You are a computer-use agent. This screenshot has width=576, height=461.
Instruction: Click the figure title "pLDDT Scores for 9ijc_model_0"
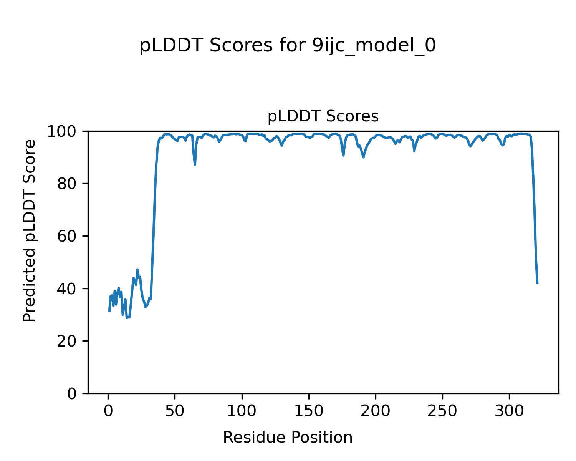point(287,46)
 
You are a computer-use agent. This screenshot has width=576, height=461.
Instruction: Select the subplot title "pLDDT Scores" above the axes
point(323,116)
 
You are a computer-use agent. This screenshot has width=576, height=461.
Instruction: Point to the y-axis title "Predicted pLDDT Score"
point(30,230)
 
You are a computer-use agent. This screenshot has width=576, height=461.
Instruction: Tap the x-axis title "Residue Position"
point(288,438)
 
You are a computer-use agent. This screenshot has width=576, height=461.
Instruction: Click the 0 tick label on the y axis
point(72,394)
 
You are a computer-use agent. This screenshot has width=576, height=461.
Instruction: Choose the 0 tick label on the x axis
point(108,411)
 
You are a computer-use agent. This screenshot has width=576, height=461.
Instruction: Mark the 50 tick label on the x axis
point(175,411)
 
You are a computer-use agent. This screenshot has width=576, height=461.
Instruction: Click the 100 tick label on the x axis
point(242,411)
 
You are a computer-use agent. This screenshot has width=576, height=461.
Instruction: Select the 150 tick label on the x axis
point(309,411)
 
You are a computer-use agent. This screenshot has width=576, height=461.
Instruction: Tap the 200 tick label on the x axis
point(376,411)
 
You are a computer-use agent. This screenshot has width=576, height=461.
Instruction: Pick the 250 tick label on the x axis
point(442,411)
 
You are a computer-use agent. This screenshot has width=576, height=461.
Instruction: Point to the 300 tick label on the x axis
point(509,411)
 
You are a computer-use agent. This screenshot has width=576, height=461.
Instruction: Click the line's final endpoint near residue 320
point(537,283)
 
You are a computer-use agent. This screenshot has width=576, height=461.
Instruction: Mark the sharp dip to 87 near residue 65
point(195,164)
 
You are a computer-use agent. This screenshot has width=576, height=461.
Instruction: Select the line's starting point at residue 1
point(109,311)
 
